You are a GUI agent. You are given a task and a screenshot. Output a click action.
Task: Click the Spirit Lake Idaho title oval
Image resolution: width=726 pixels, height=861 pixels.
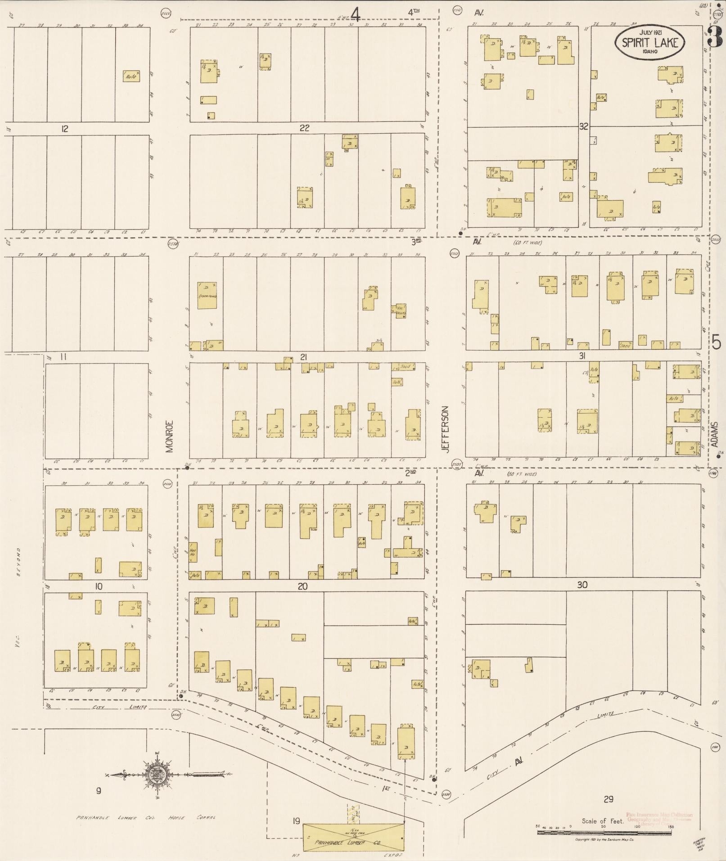click(x=650, y=41)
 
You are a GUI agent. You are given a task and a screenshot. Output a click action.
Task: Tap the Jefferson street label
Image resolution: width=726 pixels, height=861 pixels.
click(x=445, y=430)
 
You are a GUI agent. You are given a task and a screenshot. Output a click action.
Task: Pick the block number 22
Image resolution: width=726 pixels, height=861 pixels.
click(x=305, y=128)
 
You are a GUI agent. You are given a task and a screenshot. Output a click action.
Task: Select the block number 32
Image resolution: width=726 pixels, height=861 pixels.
click(x=583, y=127)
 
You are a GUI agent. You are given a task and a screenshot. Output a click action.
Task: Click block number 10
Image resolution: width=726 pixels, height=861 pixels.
click(x=99, y=586)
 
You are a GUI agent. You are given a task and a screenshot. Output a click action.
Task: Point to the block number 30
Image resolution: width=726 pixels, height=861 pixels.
click(x=582, y=585)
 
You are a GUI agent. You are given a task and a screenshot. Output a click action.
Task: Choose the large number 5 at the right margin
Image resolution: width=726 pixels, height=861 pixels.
click(x=716, y=343)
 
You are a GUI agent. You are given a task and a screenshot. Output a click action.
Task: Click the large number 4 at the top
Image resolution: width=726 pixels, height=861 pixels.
click(x=356, y=16)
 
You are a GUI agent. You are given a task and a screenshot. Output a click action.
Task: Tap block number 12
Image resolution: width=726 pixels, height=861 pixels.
click(x=65, y=129)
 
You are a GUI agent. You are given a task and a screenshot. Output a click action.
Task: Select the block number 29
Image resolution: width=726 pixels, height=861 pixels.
click(x=608, y=799)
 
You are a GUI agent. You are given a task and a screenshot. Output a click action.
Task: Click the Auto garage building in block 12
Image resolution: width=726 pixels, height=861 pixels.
click(x=131, y=77)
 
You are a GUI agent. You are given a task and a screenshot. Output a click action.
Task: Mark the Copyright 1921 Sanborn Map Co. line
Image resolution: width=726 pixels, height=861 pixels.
click(x=604, y=840)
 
